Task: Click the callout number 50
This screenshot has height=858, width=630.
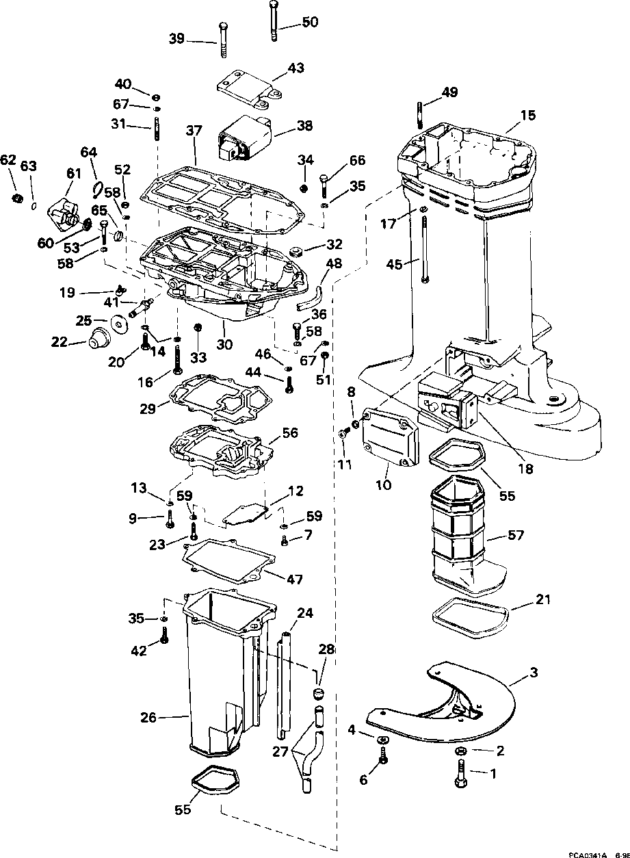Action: coord(309,22)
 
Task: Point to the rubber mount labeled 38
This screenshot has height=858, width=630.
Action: coord(244,141)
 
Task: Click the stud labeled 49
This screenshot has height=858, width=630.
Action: coord(418,114)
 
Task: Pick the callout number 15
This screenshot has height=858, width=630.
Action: coord(528,116)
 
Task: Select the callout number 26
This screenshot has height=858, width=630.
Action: coord(148,718)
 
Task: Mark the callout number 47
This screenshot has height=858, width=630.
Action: coord(294,579)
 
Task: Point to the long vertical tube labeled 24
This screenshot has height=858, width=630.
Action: coord(284,684)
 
